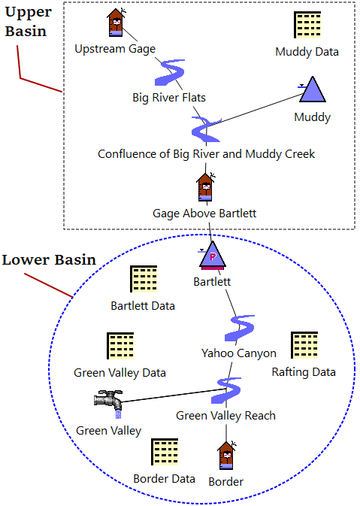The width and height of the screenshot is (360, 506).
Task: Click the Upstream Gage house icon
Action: [x=116, y=23]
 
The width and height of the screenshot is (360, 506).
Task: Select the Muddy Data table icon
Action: [x=307, y=25]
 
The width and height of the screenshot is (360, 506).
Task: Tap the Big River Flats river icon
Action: [x=169, y=73]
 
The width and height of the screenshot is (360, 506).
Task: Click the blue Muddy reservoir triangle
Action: [x=312, y=89]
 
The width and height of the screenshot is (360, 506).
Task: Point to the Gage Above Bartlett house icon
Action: [x=205, y=187]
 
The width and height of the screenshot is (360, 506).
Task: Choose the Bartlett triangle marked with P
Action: [x=212, y=256]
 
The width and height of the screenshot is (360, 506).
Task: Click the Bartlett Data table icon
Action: [x=144, y=279]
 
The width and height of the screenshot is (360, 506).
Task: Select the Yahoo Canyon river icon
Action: [x=239, y=329]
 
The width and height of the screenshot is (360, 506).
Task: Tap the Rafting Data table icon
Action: [x=304, y=345]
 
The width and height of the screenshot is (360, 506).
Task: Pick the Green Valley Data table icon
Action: [x=120, y=346]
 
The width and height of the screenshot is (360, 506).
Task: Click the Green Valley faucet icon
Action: [x=109, y=404]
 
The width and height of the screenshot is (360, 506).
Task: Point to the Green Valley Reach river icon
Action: [x=225, y=390]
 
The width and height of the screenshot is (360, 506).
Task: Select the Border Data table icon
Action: [x=165, y=451]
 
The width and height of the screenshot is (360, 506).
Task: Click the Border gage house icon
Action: [x=226, y=456]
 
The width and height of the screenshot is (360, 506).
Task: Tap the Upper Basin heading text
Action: [x=28, y=22]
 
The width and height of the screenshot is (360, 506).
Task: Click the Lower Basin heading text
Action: [x=49, y=260]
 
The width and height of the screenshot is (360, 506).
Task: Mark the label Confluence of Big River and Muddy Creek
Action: [x=206, y=154]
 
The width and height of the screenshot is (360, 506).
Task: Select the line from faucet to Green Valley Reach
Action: [x=173, y=395]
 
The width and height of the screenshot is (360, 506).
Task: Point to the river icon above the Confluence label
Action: [x=206, y=129]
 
